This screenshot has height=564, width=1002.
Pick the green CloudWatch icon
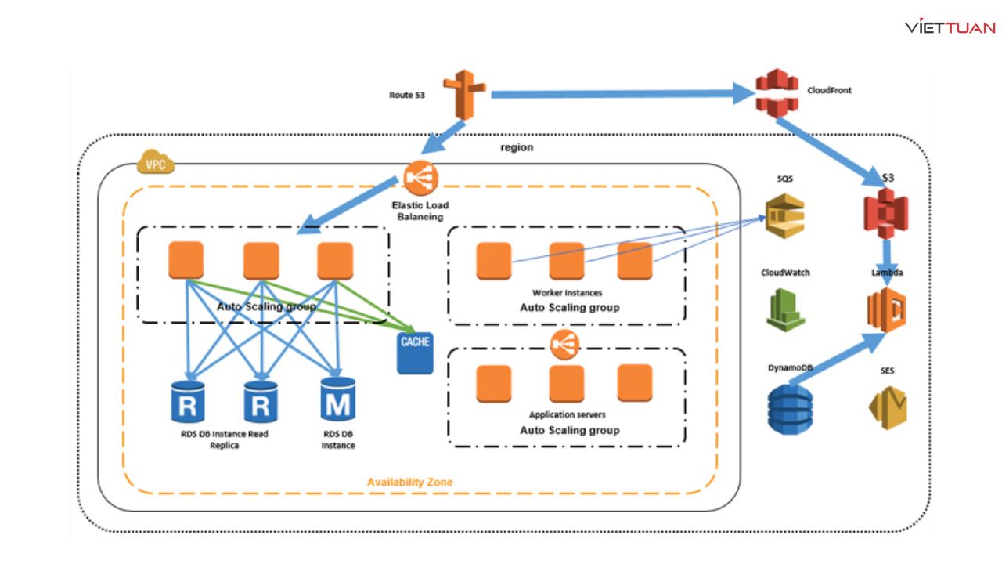tap(784, 310)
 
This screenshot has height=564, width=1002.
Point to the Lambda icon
tap(885, 310)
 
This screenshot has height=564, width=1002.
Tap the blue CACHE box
tap(415, 352)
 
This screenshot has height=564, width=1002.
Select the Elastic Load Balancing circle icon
tap(420, 179)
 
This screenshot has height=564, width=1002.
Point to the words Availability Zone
tap(409, 482)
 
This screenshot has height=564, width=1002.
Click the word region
tap(517, 147)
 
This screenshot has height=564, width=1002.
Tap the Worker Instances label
tap(569, 292)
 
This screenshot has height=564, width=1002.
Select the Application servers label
tap(568, 414)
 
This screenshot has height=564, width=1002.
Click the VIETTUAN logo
tap(950, 27)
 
